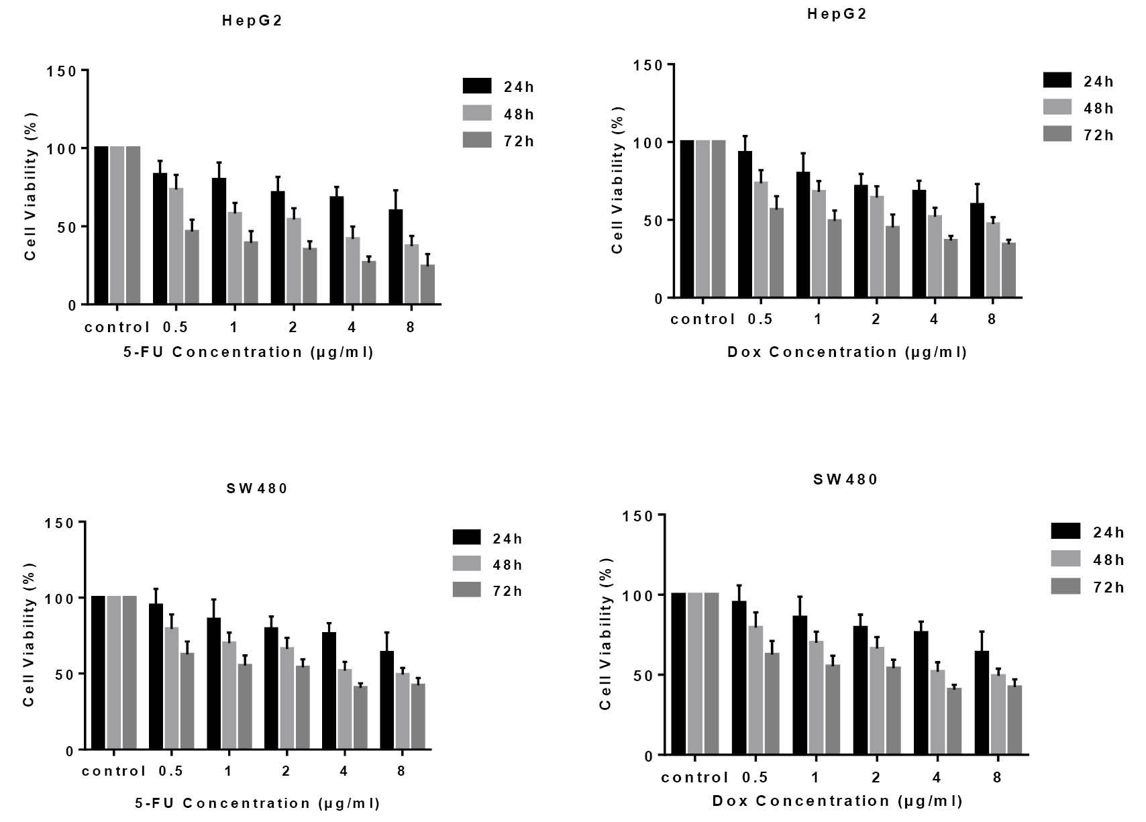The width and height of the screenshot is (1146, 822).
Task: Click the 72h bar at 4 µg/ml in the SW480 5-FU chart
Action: [360, 717]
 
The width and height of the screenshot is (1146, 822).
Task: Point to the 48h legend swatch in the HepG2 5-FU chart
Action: [477, 113]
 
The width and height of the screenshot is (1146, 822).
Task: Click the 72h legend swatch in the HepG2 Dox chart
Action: [1057, 134]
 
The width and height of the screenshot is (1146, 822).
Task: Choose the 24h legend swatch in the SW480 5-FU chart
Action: [467, 537]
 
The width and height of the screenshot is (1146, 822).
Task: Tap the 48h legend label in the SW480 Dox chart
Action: [1108, 560]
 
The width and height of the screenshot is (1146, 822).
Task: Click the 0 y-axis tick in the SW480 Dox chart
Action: [648, 756]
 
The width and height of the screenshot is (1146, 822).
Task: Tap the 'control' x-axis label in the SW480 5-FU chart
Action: [114, 771]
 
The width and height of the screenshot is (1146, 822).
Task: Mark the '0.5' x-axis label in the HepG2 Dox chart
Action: [760, 319]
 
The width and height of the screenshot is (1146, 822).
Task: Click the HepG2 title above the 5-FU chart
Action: [252, 21]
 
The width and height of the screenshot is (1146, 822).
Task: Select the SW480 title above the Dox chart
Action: [845, 479]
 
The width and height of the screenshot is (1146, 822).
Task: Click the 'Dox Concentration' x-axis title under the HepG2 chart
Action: [847, 352]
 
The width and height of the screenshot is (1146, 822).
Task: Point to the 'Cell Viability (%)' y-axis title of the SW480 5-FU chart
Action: [29, 634]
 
